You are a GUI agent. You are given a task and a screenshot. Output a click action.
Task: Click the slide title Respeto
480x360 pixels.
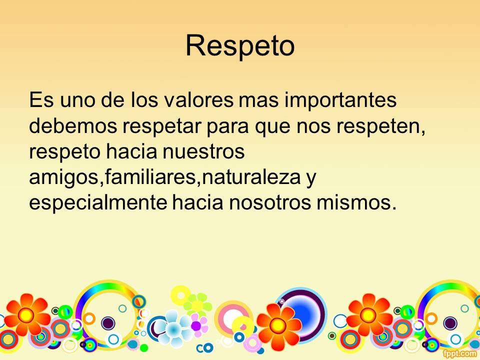240,46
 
